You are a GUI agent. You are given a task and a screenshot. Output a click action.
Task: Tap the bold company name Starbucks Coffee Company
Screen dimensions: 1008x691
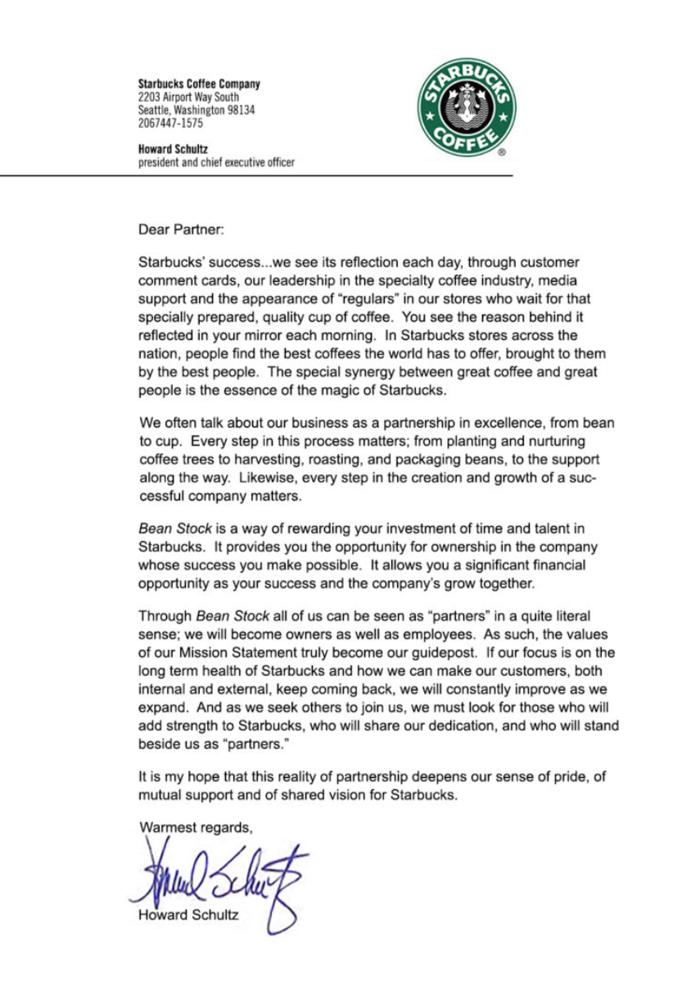click(x=199, y=84)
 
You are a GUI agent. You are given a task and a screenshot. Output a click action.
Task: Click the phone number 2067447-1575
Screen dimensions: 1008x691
click(x=171, y=124)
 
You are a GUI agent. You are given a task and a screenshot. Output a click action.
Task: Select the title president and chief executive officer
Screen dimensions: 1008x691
click(x=216, y=162)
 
